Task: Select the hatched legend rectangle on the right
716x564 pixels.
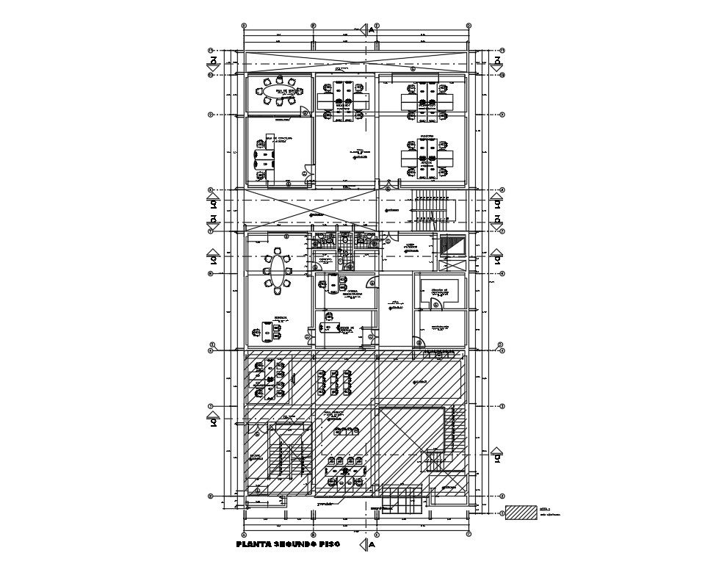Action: pos(521,512)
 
